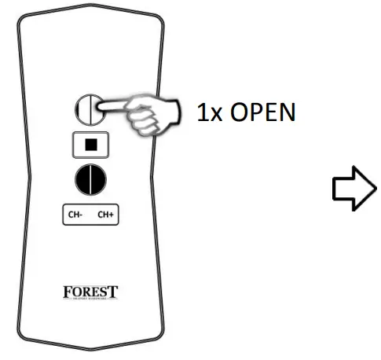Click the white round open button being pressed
coord(85,111)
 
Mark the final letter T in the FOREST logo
coord(115,292)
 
